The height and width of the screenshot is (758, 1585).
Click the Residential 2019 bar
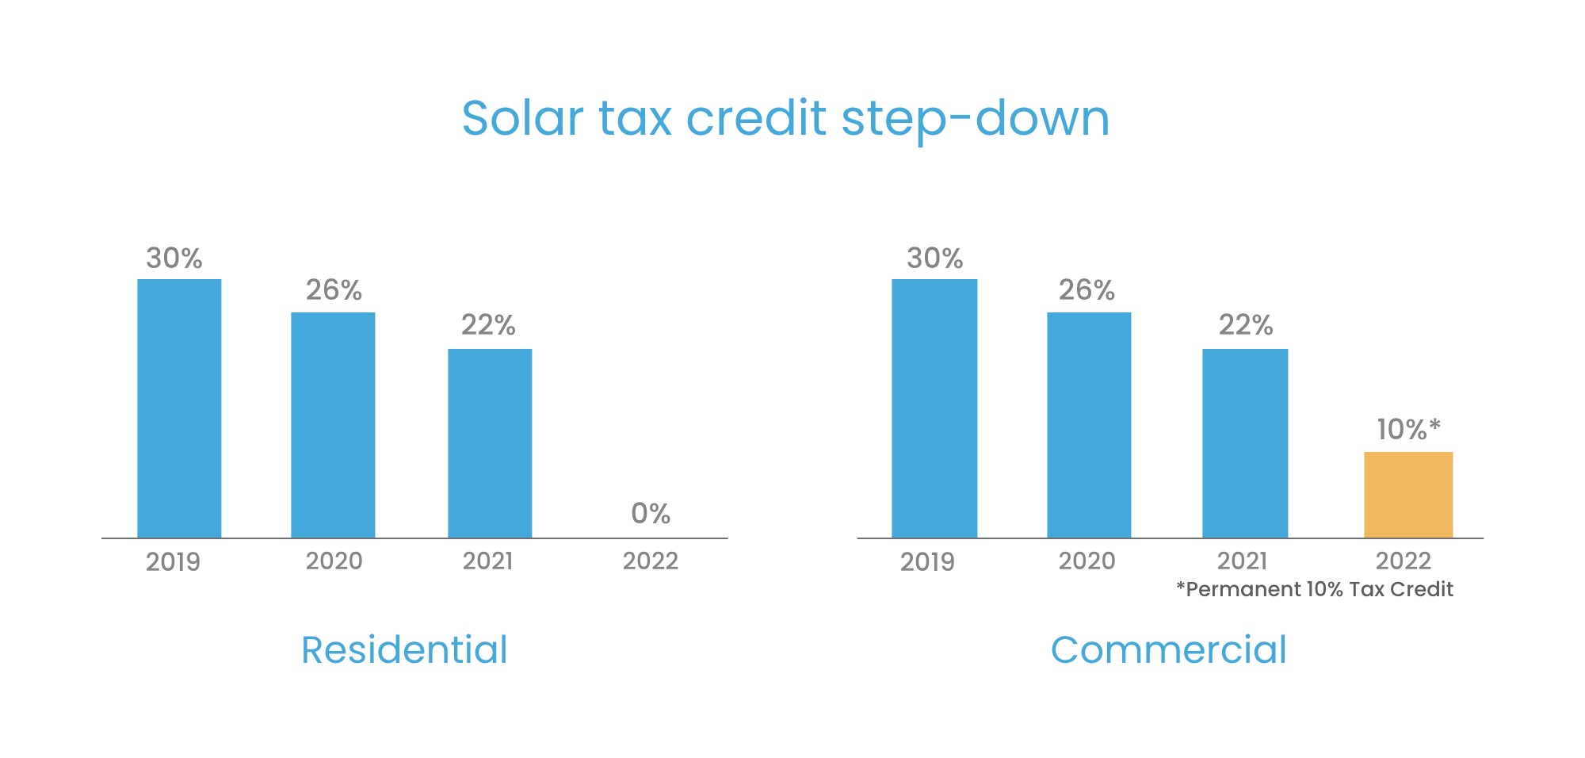pos(179,408)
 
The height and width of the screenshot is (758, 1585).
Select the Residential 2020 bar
pos(333,425)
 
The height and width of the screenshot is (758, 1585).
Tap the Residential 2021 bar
pos(490,443)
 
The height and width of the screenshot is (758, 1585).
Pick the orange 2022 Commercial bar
pos(1408,495)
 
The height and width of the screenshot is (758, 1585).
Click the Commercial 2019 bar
pos(934,408)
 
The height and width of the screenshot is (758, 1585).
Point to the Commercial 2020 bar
pos(1089,425)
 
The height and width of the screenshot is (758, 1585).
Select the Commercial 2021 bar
pos(1245,443)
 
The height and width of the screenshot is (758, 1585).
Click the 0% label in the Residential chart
pos(651,514)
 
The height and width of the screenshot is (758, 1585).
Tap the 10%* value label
pos(1408,430)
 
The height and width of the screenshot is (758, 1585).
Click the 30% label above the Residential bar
pos(174,258)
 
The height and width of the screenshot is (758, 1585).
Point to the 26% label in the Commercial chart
pos(1087,290)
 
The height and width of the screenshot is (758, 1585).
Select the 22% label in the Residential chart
pos(488,325)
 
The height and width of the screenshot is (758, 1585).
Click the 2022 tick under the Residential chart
pos(651,561)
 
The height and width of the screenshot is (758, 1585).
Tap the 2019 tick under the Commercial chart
pos(927,562)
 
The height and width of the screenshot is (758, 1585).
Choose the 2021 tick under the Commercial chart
pos(1242,561)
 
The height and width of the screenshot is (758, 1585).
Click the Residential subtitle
pos(404,650)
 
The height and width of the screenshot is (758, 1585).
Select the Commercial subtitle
pos(1168,650)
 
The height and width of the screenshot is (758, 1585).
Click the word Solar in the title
pos(522,119)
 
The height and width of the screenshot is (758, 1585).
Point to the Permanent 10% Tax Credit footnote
pos(1315,589)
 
